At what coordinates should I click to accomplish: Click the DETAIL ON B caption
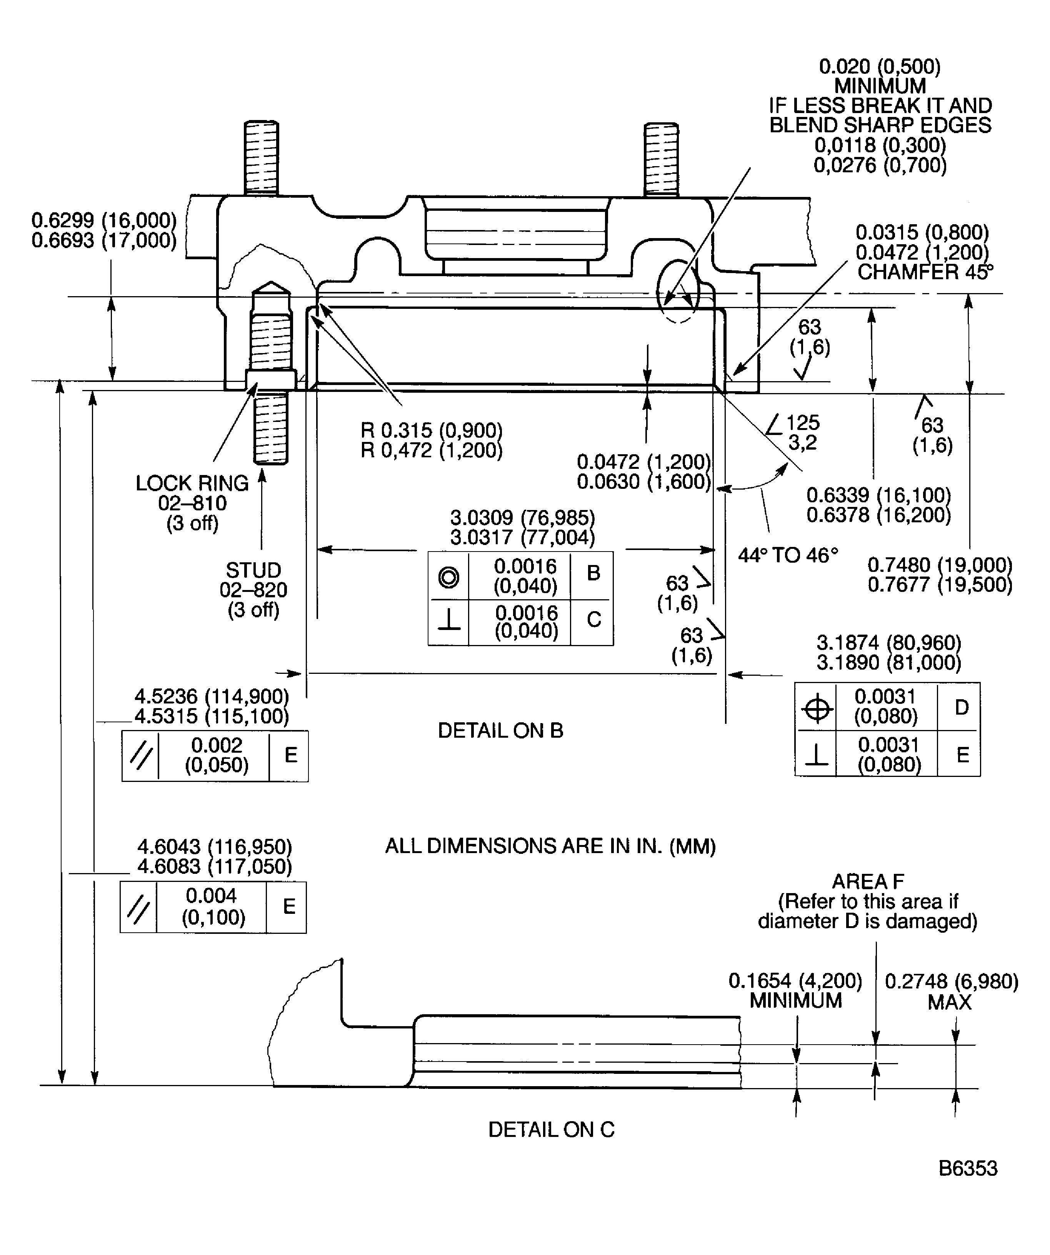pyautogui.click(x=500, y=730)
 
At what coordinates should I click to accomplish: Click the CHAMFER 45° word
pyautogui.click(x=925, y=272)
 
